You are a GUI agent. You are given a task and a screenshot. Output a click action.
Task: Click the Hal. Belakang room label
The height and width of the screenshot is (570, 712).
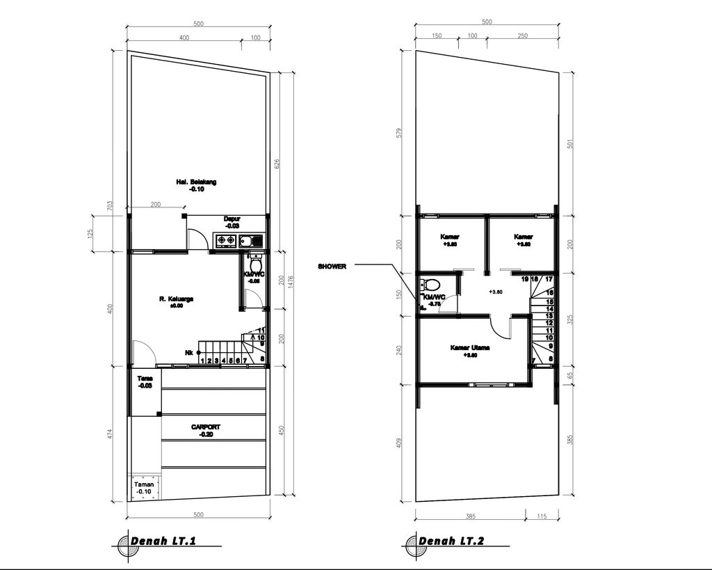(196, 182)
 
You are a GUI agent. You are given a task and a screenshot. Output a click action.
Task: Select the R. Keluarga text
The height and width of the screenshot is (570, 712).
(176, 299)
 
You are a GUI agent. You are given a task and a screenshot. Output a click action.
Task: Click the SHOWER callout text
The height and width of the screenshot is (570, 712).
(332, 267)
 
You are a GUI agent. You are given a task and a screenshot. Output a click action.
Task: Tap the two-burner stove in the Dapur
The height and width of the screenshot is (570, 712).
(225, 242)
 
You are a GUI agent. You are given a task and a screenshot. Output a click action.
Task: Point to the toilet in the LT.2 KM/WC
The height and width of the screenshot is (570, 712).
(431, 285)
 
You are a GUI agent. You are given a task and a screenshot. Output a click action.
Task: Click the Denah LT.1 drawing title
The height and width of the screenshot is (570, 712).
(163, 541)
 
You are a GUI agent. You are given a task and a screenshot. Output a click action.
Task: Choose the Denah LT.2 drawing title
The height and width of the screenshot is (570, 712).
(451, 541)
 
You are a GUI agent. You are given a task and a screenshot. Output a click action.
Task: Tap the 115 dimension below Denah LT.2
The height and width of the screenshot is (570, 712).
(542, 516)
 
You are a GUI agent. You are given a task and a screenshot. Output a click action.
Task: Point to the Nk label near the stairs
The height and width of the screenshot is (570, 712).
(189, 352)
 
